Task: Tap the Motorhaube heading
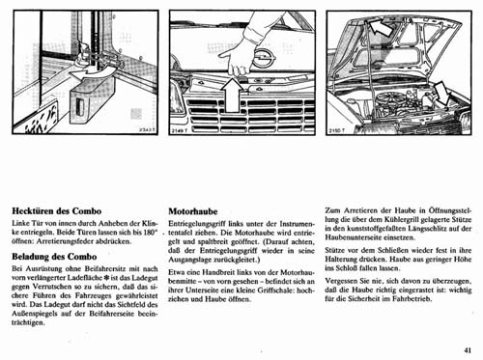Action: tap(198, 208)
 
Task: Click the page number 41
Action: tap(468, 352)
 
